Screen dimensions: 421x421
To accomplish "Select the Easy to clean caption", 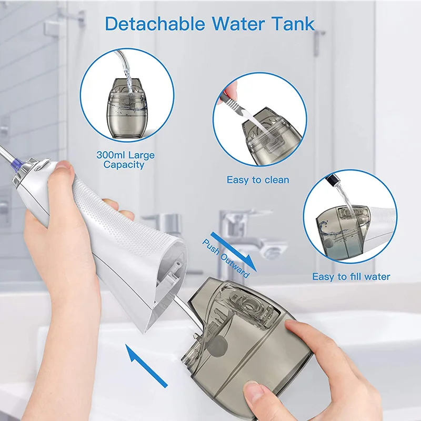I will [x=258, y=180].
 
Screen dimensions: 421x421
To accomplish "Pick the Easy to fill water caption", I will [x=351, y=276].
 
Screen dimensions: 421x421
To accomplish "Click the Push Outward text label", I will [x=225, y=257].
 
